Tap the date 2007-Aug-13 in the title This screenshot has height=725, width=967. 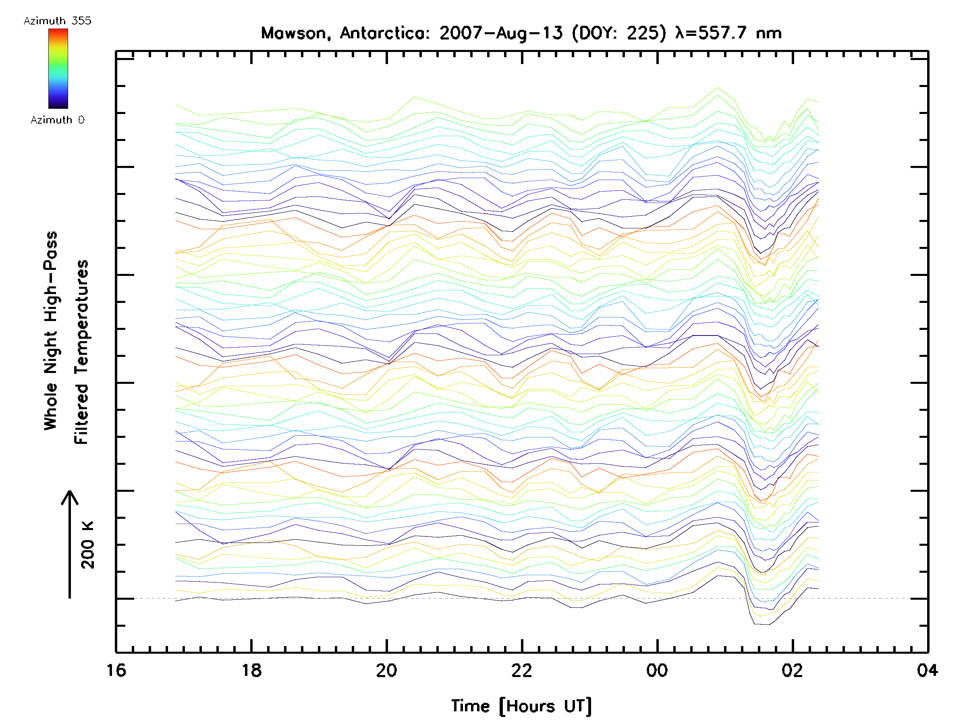pyautogui.click(x=501, y=33)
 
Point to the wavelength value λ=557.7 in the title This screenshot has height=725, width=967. pyautogui.click(x=710, y=33)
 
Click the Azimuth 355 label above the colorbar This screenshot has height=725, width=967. pyautogui.click(x=57, y=21)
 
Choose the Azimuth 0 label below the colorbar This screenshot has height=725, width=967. pyautogui.click(x=57, y=120)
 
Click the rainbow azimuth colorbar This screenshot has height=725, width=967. pyautogui.click(x=58, y=68)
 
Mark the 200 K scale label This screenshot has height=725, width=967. pyautogui.click(x=88, y=545)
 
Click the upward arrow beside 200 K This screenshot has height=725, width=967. pyautogui.click(x=70, y=544)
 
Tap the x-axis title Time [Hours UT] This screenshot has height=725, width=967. pyautogui.click(x=521, y=706)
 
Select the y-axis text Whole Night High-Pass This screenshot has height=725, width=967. pyautogui.click(x=51, y=331)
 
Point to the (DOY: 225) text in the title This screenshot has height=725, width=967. pyautogui.click(x=619, y=33)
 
